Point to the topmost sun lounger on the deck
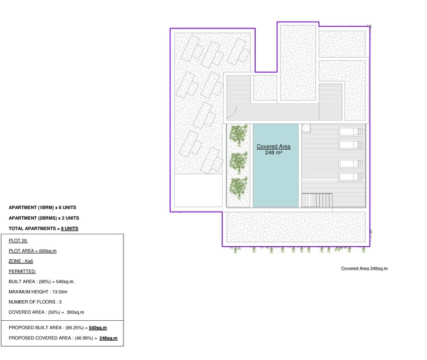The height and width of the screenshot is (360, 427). point(350,131)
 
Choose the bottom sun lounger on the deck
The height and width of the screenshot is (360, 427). point(350,176)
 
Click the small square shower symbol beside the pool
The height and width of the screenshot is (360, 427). point(306,128)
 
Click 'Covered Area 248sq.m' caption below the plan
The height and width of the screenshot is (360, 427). point(364,268)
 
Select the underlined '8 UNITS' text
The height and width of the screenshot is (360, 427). point(69,228)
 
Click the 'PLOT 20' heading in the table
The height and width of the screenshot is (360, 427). point(18,241)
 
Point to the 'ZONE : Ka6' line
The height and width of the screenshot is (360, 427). point(22,261)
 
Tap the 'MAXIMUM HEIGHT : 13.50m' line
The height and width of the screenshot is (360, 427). point(39,292)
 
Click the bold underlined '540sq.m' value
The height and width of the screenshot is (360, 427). point(98,328)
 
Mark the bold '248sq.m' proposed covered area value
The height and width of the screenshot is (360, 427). point(108,338)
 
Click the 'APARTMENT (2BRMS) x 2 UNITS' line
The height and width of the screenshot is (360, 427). point(44,218)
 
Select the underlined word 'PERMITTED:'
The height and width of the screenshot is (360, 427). point(22,271)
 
